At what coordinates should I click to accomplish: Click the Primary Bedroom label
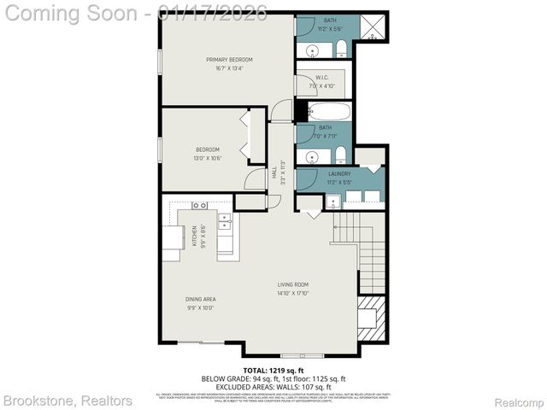pyautogui.click(x=229, y=60)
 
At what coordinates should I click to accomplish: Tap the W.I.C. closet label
pyautogui.click(x=322, y=78)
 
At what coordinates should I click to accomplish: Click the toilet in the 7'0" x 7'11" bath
pyautogui.click(x=340, y=155)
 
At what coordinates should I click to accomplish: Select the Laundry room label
pyautogui.click(x=339, y=174)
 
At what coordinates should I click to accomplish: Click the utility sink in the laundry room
pyautogui.click(x=331, y=202)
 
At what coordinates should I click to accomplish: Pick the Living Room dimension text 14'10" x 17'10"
pyautogui.click(x=292, y=294)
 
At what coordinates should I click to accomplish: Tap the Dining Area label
pyautogui.click(x=201, y=299)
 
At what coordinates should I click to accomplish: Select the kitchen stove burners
pyautogui.click(x=199, y=206)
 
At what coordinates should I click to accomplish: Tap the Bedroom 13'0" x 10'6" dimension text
pyautogui.click(x=208, y=158)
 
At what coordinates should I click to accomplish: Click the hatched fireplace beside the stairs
pyautogui.click(x=371, y=307)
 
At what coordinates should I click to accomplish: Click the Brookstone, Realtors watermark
pyautogui.click(x=68, y=401)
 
